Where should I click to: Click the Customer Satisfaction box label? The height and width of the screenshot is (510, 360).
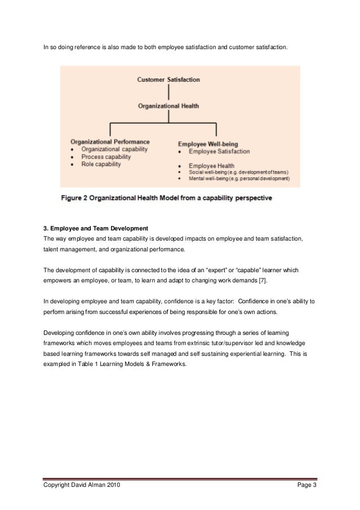168,80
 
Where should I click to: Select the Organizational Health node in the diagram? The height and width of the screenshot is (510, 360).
168,106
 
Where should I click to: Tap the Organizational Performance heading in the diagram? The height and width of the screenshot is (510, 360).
110,142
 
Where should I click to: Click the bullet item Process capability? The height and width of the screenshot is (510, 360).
106,156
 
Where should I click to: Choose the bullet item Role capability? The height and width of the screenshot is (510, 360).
102,164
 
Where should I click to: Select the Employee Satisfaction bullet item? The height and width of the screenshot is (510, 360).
219,152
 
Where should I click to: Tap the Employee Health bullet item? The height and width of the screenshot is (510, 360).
212,165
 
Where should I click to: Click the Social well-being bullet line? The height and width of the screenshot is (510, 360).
238,172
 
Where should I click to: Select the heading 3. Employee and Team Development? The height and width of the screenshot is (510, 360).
96,228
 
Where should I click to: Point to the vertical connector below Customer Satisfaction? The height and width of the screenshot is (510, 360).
168,93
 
